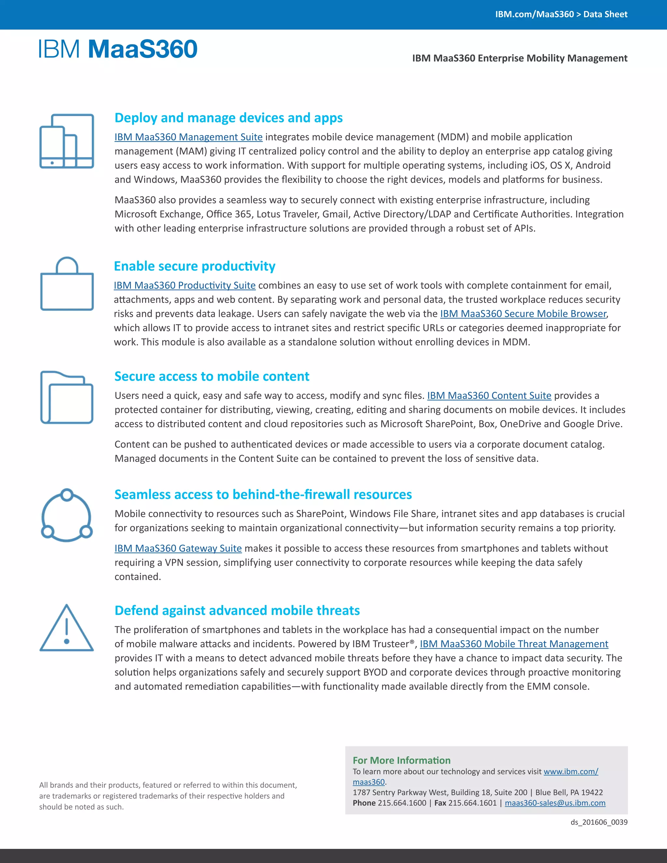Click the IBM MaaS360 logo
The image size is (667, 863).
click(x=118, y=50)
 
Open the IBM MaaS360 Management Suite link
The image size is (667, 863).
click(x=189, y=137)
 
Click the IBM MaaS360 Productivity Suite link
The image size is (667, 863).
click(x=185, y=285)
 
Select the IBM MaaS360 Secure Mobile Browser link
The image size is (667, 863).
click(x=523, y=314)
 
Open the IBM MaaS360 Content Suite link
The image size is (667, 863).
click(x=489, y=396)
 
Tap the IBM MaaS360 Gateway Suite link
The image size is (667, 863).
click(x=178, y=548)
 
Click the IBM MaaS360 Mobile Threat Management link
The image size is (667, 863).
click(x=514, y=644)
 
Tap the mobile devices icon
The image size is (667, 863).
click(x=67, y=141)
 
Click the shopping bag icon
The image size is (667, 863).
click(x=67, y=284)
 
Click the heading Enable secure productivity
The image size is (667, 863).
click(x=194, y=266)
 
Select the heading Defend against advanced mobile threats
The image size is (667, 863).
click(x=237, y=611)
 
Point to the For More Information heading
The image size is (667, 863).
click(x=402, y=761)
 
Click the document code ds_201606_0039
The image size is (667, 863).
click(x=599, y=822)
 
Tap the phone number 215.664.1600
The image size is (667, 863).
click(x=402, y=803)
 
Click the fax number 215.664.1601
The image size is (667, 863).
click(x=472, y=803)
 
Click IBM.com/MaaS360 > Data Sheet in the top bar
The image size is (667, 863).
click(x=561, y=14)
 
